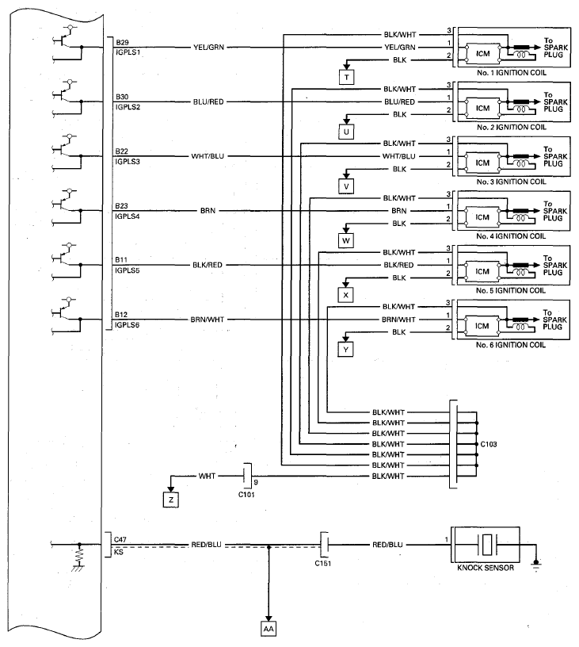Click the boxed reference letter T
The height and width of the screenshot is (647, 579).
347,77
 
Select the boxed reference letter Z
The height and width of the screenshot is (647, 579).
171,500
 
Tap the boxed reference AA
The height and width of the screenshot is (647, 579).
269,629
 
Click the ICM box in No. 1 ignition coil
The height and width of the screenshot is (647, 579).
482,54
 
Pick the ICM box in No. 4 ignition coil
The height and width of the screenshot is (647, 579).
482,217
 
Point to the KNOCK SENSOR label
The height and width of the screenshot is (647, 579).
486,568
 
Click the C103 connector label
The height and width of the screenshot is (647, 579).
489,444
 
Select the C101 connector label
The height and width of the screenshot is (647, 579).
246,495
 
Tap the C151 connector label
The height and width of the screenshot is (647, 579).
322,563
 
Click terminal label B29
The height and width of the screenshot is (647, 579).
122,43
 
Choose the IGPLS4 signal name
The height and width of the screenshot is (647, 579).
128,216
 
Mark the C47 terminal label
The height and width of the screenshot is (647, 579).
120,540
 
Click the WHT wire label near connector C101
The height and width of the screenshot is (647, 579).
207,477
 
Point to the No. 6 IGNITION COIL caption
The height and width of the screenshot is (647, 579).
511,345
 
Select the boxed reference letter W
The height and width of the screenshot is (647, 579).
346,240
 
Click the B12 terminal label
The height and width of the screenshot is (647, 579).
121,315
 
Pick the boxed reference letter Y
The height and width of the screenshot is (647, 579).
346,350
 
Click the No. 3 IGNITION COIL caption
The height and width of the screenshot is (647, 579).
511,182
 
